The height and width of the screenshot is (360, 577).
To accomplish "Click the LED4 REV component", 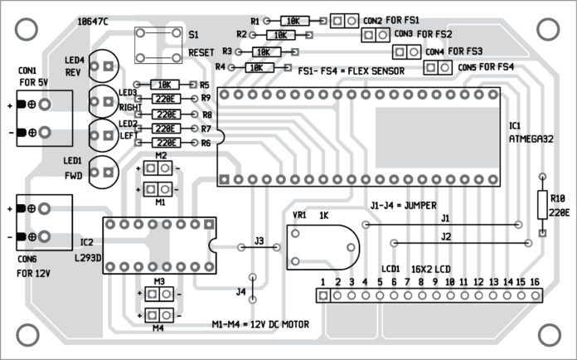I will pyautogui.click(x=103, y=64).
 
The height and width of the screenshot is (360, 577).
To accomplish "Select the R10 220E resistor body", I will pyautogui.click(x=542, y=204).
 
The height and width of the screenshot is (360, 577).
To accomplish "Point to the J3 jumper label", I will pyautogui.click(x=259, y=241).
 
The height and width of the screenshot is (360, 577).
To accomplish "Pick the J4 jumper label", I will pyautogui.click(x=241, y=291).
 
